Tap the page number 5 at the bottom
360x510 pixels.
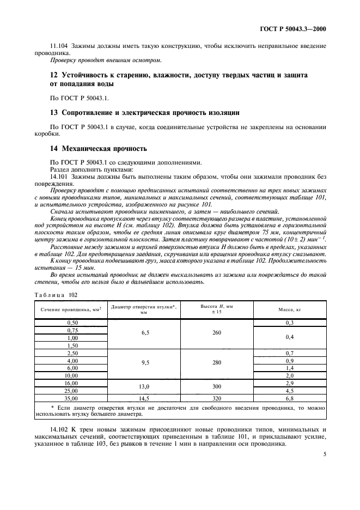[324, 467]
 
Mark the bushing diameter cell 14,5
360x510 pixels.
[144, 398]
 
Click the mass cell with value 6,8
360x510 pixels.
[290, 398]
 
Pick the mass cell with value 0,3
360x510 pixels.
[290, 323]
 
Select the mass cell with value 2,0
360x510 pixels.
[290, 375]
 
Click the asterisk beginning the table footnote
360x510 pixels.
[52, 406]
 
